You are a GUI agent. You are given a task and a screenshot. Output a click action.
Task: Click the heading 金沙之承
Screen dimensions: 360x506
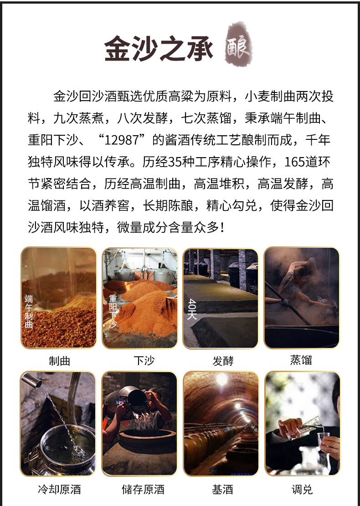(159, 49)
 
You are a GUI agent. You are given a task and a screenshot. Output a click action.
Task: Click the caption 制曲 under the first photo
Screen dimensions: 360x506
(59, 361)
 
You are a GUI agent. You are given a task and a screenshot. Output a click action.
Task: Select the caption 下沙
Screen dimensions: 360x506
(144, 360)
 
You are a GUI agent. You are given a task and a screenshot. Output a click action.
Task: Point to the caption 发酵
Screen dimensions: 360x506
(223, 361)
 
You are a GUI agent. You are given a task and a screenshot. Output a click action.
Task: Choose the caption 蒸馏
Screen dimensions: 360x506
(301, 360)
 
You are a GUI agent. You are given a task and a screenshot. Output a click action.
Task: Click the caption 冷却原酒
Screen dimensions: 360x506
(59, 489)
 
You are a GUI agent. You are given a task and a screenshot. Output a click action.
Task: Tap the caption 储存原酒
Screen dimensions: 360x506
(143, 489)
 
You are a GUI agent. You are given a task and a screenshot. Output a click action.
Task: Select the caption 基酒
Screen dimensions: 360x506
(222, 490)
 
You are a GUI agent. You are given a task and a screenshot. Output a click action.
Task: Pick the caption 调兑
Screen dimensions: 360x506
(302, 490)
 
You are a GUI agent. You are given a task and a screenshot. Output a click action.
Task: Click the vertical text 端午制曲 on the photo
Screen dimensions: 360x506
(29, 312)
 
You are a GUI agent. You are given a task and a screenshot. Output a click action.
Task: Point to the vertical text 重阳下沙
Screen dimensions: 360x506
(113, 311)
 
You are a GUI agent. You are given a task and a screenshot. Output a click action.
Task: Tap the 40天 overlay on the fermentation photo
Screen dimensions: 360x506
(192, 309)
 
